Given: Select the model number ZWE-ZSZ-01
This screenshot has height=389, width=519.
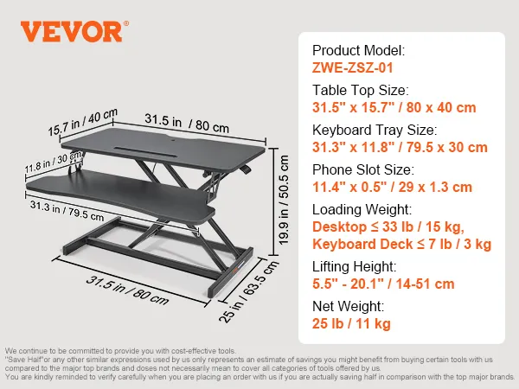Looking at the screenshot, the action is click(x=353, y=67).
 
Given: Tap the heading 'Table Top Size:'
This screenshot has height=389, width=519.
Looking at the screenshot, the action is click(x=361, y=90).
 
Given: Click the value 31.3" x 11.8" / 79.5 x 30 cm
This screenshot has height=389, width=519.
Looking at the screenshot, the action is click(x=400, y=147).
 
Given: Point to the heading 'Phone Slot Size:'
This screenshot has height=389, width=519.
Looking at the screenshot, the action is click(x=363, y=169).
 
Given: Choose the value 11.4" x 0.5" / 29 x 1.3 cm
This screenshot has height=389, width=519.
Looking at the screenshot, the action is click(x=392, y=187).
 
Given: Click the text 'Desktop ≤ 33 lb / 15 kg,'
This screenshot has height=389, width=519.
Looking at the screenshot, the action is click(x=388, y=226).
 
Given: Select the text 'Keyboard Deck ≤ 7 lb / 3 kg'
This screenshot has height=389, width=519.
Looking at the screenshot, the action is click(x=402, y=244).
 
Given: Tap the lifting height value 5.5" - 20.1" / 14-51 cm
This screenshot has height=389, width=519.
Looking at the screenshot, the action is click(x=383, y=284).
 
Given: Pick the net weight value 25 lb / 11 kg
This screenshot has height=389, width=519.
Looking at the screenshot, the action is click(x=351, y=323).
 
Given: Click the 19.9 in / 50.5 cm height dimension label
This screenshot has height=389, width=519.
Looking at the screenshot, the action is click(x=284, y=201).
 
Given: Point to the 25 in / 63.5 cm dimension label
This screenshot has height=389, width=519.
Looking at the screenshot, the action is click(x=249, y=291).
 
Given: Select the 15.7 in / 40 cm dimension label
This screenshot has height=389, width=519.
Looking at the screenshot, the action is click(x=83, y=123).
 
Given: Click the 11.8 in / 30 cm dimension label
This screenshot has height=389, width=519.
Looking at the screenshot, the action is click(x=53, y=163).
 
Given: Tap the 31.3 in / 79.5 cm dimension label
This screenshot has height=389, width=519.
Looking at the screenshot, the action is click(x=67, y=211).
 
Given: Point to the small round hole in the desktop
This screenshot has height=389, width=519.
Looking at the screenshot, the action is click(x=175, y=140).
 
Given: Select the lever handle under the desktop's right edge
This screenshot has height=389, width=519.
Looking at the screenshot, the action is click(x=246, y=169).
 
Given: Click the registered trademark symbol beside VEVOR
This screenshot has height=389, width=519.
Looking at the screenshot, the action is click(x=126, y=23).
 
